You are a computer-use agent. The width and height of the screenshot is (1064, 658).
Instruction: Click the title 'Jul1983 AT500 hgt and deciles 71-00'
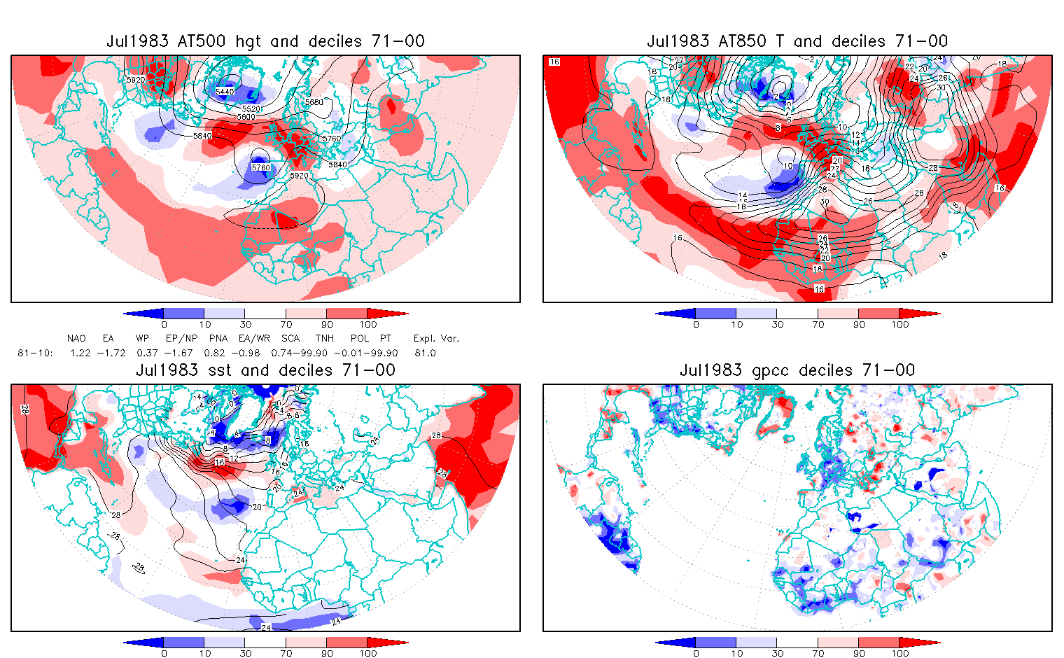pos(265,41)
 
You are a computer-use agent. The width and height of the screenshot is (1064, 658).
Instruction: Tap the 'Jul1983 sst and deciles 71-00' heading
pos(265,370)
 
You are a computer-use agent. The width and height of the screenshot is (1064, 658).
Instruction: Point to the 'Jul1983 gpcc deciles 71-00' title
pos(797,370)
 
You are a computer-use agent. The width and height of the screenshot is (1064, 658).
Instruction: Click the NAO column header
pos(76,339)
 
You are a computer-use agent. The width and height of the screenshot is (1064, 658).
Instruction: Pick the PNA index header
pos(218,339)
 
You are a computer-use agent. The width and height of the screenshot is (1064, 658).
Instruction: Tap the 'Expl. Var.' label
pos(436,339)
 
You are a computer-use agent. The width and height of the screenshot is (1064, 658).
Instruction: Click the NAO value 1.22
pos(80,353)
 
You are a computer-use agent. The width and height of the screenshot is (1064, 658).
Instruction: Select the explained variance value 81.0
pos(425,353)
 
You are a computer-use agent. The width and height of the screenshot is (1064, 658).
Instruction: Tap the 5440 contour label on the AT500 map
pos(225,92)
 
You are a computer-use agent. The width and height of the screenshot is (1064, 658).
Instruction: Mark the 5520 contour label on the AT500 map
pos(250,109)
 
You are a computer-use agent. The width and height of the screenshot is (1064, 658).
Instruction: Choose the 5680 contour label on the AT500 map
pos(314,102)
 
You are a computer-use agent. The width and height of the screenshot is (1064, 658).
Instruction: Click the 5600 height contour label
pos(246,117)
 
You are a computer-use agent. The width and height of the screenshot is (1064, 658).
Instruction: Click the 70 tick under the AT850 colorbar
pos(818,325)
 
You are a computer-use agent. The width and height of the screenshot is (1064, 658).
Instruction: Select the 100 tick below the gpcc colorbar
pos(899,653)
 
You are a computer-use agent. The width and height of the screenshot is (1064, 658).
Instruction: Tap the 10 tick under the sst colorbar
pos(204,653)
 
